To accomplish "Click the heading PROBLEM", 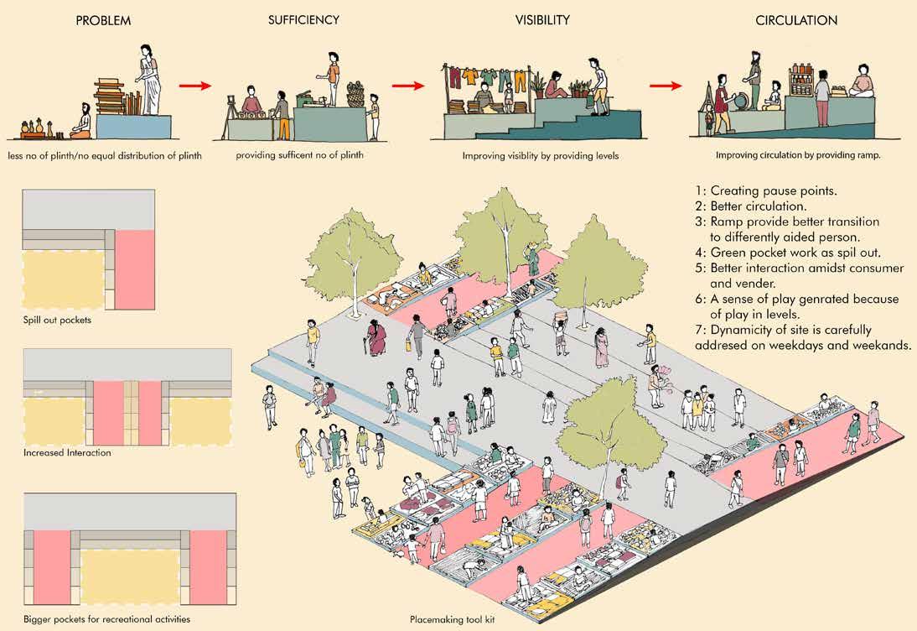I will [x=103, y=20].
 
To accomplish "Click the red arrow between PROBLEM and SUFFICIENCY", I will [x=194, y=86].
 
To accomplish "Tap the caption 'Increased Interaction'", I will [x=67, y=453].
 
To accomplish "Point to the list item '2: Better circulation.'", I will [x=743, y=206].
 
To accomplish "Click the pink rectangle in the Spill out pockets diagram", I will [x=134, y=269].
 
